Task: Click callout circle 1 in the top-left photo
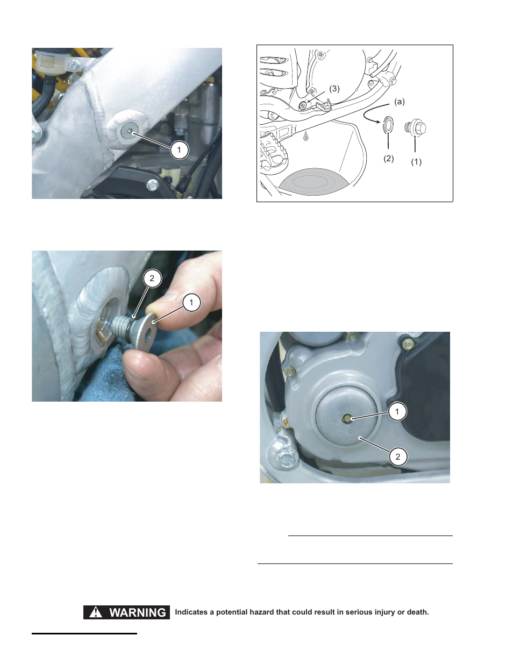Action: pyautogui.click(x=179, y=149)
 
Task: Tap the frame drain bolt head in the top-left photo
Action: pyautogui.click(x=128, y=131)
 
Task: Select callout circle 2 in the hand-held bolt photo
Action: pyautogui.click(x=152, y=278)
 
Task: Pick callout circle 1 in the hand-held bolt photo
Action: pyautogui.click(x=191, y=302)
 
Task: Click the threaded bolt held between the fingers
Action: pyautogui.click(x=124, y=326)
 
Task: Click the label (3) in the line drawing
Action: pyautogui.click(x=334, y=89)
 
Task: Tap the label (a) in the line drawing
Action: pyautogui.click(x=399, y=102)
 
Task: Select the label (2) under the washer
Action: pyautogui.click(x=388, y=159)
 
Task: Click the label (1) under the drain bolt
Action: pyautogui.click(x=416, y=162)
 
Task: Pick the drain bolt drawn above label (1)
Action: pyautogui.click(x=416, y=128)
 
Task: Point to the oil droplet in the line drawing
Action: pyautogui.click(x=306, y=136)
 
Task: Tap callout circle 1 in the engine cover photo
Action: pyautogui.click(x=397, y=412)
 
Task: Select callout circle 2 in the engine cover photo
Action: pyautogui.click(x=397, y=457)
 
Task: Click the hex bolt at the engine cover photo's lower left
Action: pyautogui.click(x=286, y=459)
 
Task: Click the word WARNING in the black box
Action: pyautogui.click(x=138, y=612)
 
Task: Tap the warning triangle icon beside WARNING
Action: pyautogui.click(x=96, y=612)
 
